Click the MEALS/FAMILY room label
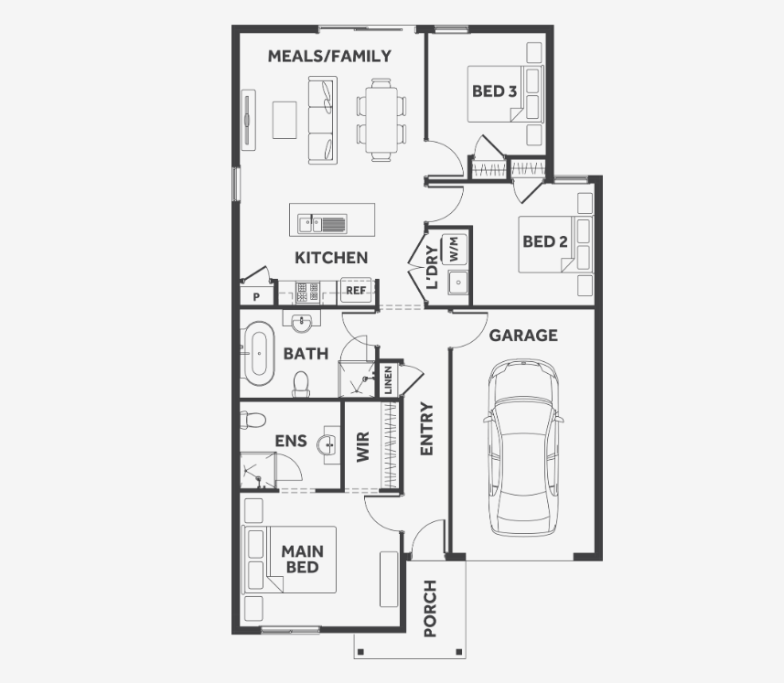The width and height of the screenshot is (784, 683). (329, 56)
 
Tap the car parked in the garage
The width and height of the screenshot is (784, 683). (523, 447)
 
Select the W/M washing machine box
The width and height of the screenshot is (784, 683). (455, 249)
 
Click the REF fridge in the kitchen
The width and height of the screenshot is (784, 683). (356, 290)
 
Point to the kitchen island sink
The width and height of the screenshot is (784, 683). (322, 223)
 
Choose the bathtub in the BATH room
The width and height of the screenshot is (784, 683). (259, 353)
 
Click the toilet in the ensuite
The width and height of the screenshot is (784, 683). (253, 419)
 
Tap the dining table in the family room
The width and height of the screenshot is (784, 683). (381, 120)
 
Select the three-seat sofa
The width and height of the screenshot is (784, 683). (323, 120)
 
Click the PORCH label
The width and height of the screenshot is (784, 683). (430, 608)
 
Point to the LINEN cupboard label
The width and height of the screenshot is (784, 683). (388, 380)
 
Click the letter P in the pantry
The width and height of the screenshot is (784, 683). (256, 297)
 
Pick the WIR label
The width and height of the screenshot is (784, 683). (363, 447)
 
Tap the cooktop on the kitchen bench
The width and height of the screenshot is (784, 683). (307, 293)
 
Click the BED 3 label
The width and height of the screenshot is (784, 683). (494, 91)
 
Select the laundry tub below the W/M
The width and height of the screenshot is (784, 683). (457, 283)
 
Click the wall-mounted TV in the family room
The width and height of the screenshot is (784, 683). (248, 120)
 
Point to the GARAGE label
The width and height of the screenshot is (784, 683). (523, 336)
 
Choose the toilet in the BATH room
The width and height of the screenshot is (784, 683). (301, 384)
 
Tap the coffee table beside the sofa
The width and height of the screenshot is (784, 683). (285, 120)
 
